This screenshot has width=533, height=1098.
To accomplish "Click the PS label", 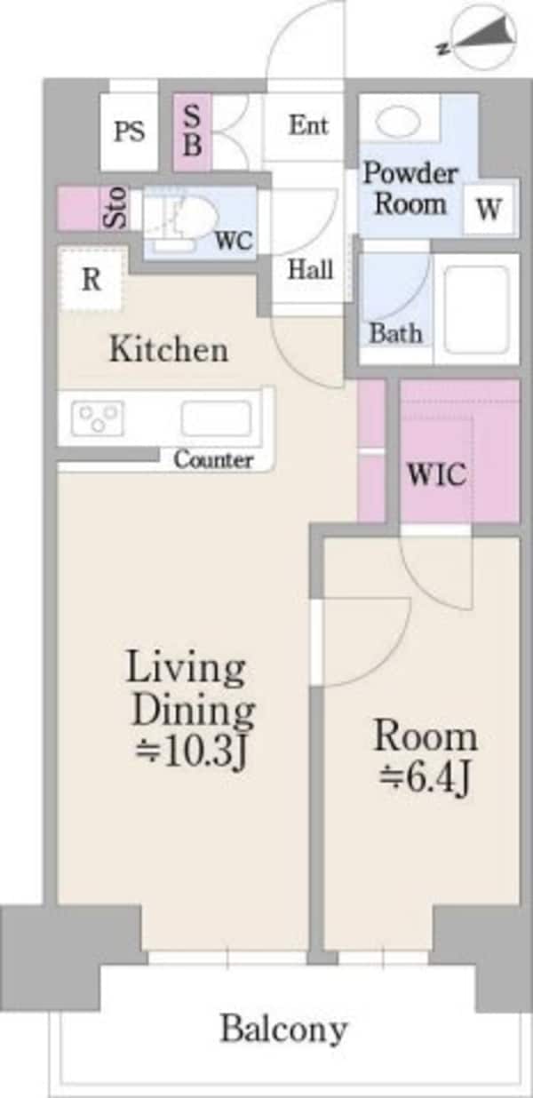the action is coord(130,131).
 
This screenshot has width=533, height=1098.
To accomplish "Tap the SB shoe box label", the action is coord(192,131).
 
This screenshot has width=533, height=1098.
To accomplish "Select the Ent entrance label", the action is coord(308,125).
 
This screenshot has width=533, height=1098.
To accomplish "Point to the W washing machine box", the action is coord(489,210).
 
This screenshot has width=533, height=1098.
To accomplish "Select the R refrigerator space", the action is coord(91,280).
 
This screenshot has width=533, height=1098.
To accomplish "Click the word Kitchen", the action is coord(169,349).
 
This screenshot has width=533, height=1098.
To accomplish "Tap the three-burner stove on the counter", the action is coord(97,418).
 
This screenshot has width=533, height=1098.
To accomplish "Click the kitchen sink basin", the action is coord(216,418).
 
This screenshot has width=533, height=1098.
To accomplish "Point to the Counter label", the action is coord(213,460).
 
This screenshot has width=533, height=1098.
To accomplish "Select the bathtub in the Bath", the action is coord(476,309).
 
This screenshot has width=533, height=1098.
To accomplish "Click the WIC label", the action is coord(437,474).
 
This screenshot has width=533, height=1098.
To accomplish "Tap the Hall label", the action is coord(310,269).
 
